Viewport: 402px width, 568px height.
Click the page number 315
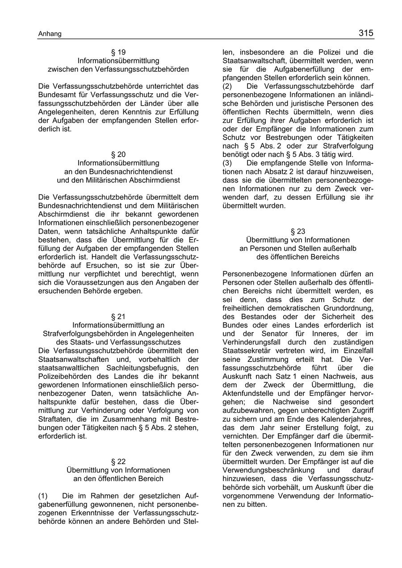(365, 33)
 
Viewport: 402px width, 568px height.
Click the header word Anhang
(50, 34)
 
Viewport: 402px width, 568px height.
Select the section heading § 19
(118, 52)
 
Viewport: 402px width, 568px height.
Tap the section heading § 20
(118, 154)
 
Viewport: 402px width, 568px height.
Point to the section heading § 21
(118, 317)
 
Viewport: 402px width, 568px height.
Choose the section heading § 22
(118, 461)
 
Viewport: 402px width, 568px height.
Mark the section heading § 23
(298, 231)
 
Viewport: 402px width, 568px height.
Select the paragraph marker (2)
(228, 86)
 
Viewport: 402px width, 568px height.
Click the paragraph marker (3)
(228, 163)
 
